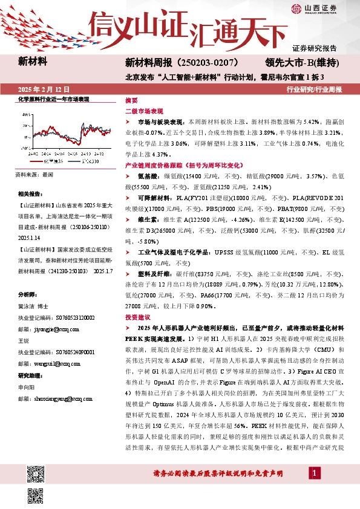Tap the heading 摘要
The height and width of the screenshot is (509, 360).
point(131,100)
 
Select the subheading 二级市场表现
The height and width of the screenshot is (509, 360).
point(144,112)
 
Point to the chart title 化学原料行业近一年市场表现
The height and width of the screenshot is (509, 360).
point(54,99)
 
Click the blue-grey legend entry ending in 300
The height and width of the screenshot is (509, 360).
point(78,161)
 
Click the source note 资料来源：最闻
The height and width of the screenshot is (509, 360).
point(34,175)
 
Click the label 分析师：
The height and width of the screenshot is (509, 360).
point(27,294)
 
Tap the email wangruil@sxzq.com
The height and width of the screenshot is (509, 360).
point(45,365)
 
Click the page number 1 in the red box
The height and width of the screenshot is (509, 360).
point(314,473)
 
